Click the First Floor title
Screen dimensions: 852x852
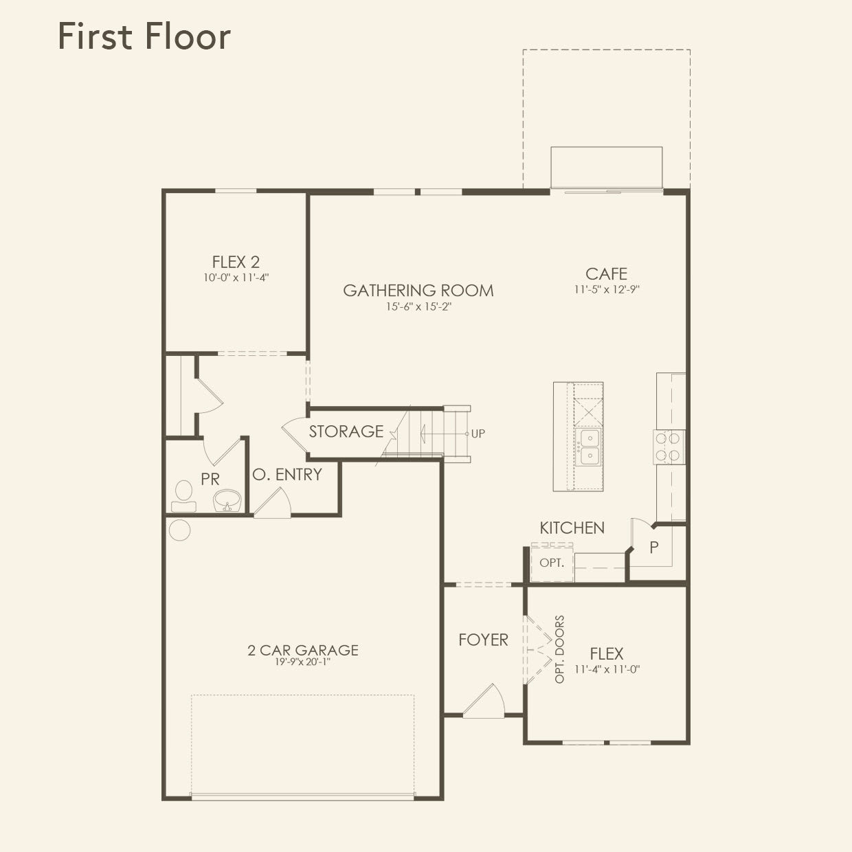[x=144, y=36]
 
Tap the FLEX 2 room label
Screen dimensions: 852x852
[x=236, y=262]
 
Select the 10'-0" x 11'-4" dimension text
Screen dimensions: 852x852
[x=236, y=278]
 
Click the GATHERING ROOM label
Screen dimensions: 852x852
[x=418, y=291]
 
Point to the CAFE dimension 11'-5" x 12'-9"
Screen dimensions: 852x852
[x=607, y=289]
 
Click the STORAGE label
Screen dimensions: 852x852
[x=346, y=431]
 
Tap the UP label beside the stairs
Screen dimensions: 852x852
[x=478, y=434]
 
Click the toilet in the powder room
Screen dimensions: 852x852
[x=183, y=496]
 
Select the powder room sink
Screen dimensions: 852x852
[x=227, y=500]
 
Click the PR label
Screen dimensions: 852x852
[x=210, y=480]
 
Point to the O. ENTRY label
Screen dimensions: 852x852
[x=287, y=475]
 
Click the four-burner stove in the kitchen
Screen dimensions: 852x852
[x=669, y=447]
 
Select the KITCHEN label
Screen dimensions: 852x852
[x=572, y=528]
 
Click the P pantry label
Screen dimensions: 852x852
[x=654, y=548]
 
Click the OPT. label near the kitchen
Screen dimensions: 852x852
[x=552, y=563]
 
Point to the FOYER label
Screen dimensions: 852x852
[x=483, y=640]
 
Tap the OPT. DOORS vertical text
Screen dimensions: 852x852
[x=559, y=649]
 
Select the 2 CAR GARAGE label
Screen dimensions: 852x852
[x=303, y=650]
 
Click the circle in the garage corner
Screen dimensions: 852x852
[x=180, y=530]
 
